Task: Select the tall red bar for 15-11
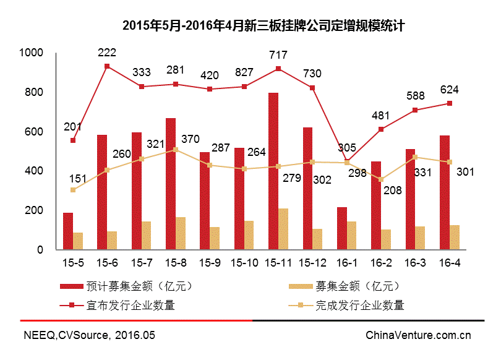point(273,171)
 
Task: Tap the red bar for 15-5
point(68,231)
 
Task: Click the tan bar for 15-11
point(283,229)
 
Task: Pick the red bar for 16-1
point(342,228)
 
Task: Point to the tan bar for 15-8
point(180,233)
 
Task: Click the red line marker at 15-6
point(107,66)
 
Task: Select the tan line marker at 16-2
point(382,179)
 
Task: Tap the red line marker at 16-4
point(450,103)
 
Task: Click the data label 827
point(244,72)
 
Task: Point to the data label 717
point(278,56)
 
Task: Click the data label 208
point(392,191)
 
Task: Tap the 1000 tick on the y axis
point(31,53)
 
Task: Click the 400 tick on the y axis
point(35,171)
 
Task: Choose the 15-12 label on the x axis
point(313,263)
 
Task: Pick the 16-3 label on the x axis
point(415,263)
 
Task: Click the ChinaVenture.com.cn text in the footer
point(418,336)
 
